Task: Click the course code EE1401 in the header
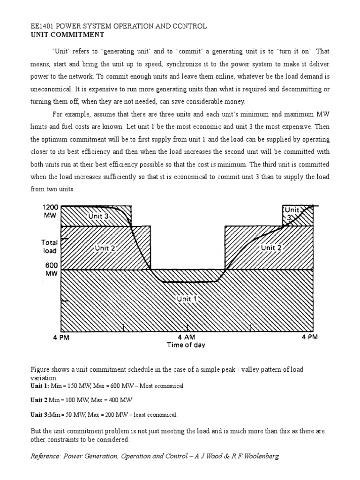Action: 42,26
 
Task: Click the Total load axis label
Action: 50,247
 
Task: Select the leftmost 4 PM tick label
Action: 60,337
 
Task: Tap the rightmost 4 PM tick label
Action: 310,337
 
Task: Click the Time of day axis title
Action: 186,345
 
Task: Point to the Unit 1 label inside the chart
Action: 186,299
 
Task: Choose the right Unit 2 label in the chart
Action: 271,247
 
